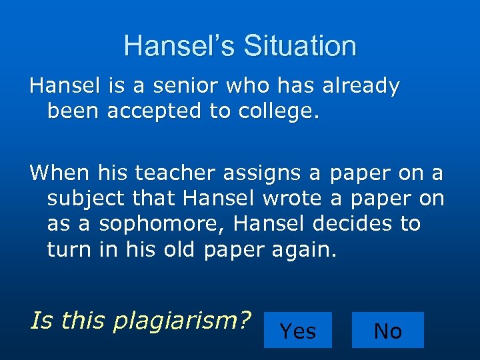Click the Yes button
[298, 330]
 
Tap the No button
[387, 330]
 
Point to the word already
[361, 86]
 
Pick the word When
[59, 173]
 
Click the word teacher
[179, 173]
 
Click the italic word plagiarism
[181, 321]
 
